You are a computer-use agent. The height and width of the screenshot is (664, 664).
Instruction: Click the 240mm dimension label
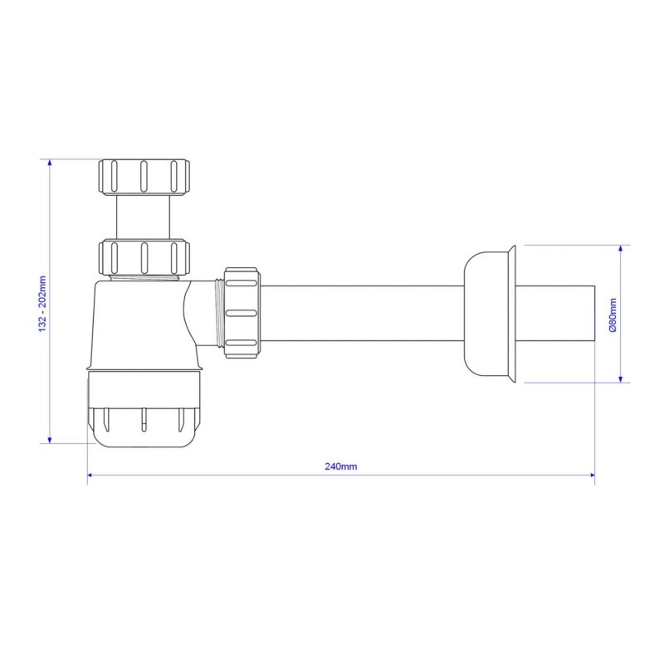pos(340,466)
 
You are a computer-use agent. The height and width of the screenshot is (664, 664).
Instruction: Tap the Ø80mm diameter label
pos(612,314)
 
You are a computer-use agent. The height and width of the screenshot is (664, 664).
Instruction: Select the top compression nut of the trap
pos(144,176)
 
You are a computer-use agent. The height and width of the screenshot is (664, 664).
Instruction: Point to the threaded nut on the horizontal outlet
pos(242,313)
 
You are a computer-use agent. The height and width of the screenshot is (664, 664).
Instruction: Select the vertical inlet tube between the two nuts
pos(144,216)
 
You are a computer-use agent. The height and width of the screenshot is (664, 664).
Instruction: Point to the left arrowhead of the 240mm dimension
pos(90,476)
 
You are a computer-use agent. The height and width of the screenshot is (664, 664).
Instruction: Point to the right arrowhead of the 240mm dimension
pos(592,476)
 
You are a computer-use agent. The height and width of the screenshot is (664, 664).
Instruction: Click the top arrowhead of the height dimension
pos(50,163)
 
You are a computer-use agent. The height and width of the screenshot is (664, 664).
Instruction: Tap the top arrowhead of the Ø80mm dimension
pos(621,249)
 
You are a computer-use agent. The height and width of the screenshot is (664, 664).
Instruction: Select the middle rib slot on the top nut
pos(144,176)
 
